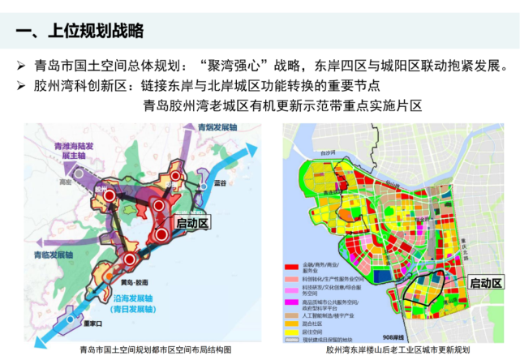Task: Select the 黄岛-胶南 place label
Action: [x=130, y=282]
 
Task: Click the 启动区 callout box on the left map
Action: [x=193, y=221]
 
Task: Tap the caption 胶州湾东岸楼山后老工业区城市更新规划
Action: [x=398, y=350]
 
